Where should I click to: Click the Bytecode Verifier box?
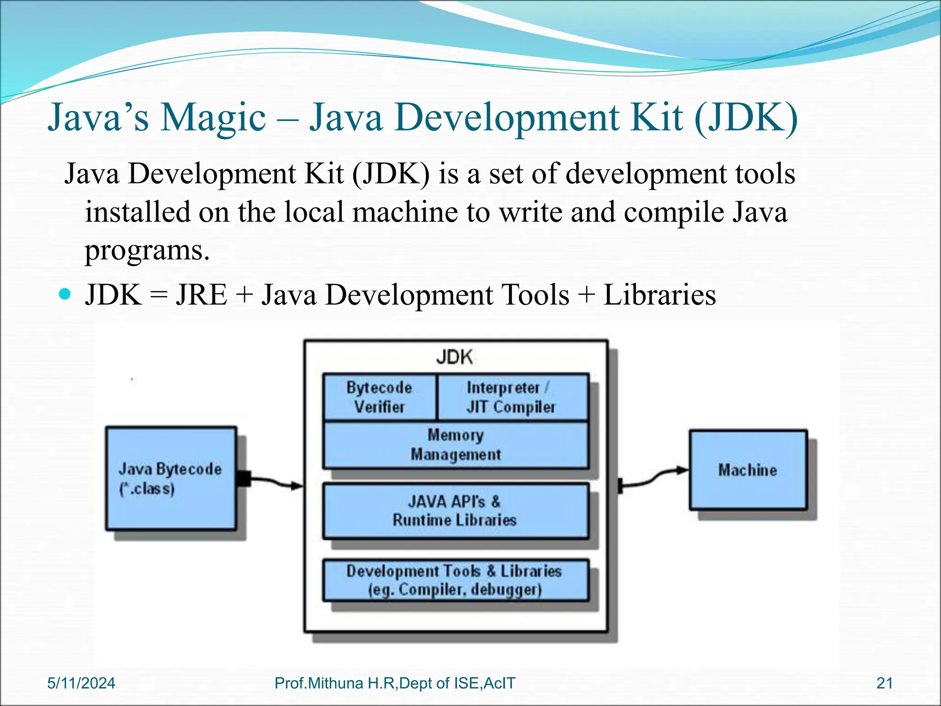pos(379,397)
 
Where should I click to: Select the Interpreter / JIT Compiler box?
pos(512,397)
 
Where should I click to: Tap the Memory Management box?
pos(455,444)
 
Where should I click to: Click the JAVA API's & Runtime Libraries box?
pos(455,511)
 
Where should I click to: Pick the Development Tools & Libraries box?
pos(455,580)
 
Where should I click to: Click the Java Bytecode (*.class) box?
pos(171,478)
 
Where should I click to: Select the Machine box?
pos(748,470)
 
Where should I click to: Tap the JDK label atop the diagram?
pos(454,357)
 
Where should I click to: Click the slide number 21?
pos(884,683)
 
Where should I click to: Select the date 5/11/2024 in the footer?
pos(81,683)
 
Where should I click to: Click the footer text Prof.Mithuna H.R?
pos(336,683)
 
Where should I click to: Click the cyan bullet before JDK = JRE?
pos(66,294)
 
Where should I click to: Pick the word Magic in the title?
pos(213,118)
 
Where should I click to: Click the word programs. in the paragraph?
pos(147,251)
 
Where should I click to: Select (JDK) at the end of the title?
pos(747,118)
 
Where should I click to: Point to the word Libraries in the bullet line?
pos(659,295)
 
